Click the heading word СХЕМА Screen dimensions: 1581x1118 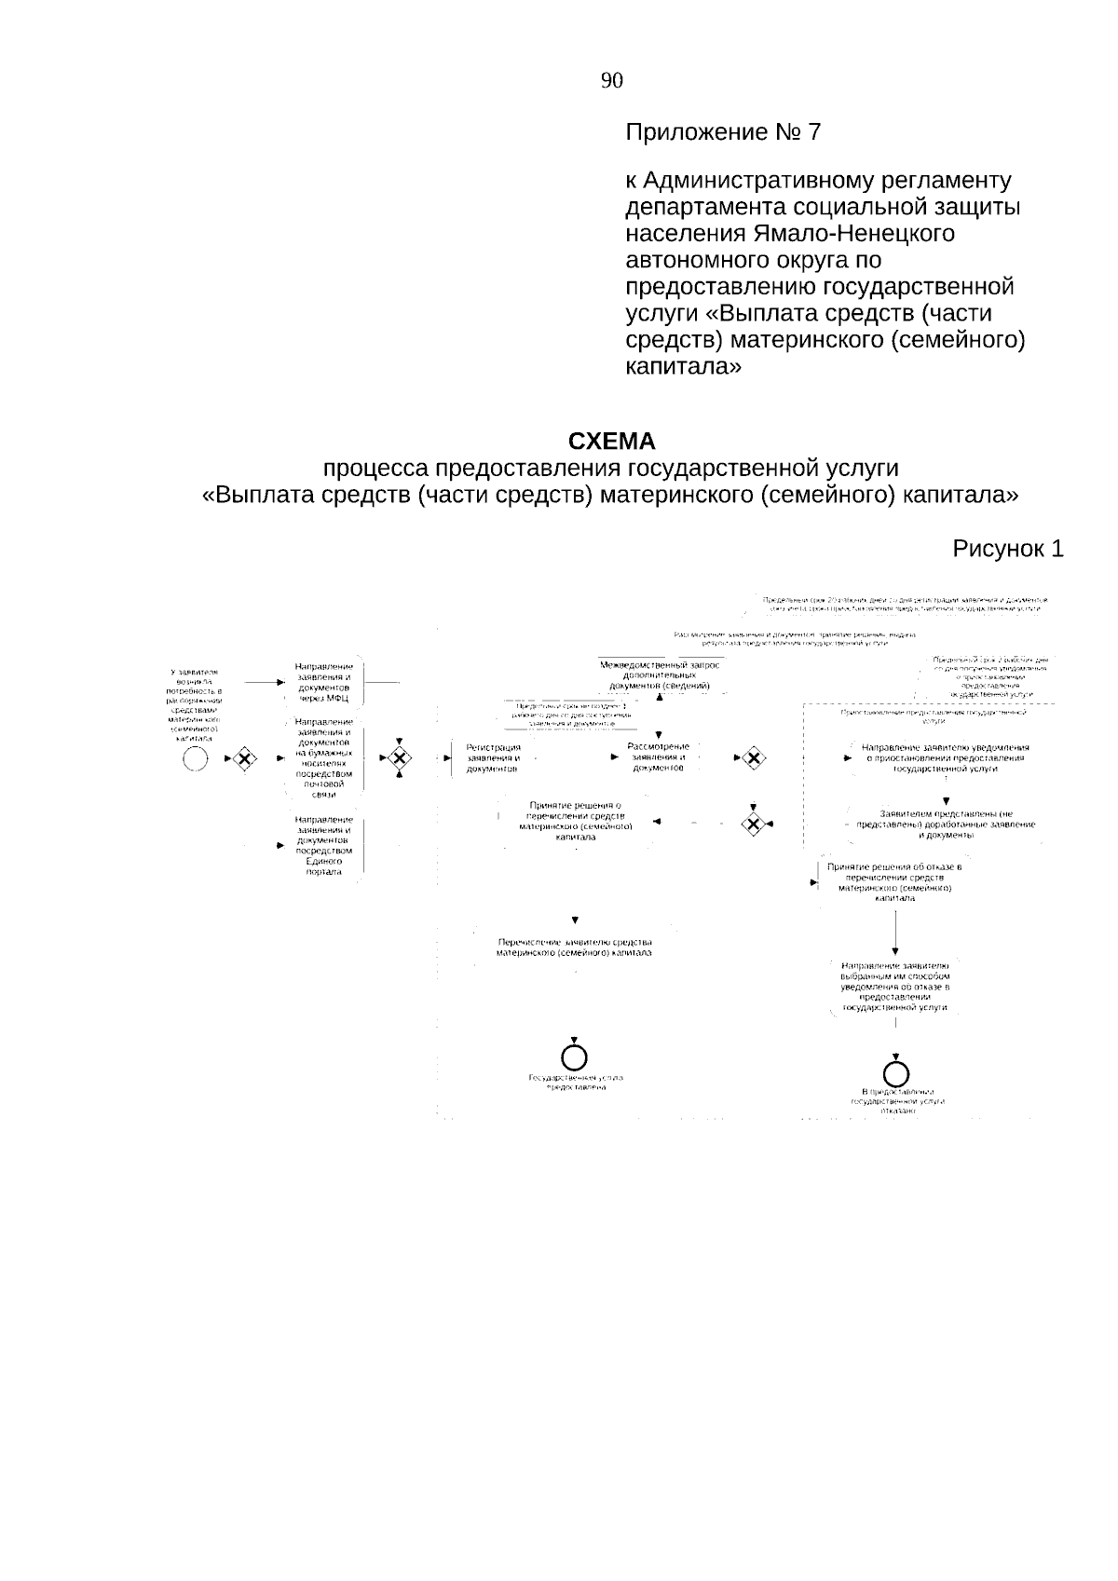pyautogui.click(x=611, y=441)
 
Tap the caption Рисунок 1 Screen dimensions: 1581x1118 pyautogui.click(x=1007, y=549)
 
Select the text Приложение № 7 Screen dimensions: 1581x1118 pyautogui.click(x=723, y=132)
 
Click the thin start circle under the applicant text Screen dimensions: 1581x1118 pyautogui.click(x=196, y=759)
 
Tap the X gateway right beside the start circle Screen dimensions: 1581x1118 pyautogui.click(x=244, y=759)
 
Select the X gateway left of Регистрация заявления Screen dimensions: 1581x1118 pyautogui.click(x=400, y=758)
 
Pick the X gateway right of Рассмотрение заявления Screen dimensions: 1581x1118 pyautogui.click(x=752, y=758)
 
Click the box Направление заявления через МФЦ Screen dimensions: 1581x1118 pyautogui.click(x=323, y=682)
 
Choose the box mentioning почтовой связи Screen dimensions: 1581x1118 pyautogui.click(x=323, y=757)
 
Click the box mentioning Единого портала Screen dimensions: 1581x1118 pyautogui.click(x=323, y=845)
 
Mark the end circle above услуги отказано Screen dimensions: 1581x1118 pyautogui.click(x=896, y=1070)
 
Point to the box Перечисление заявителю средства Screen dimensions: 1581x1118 pyautogui.click(x=574, y=947)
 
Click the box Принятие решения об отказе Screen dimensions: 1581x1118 pyautogui.click(x=894, y=881)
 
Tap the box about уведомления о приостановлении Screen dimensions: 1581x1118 pyautogui.click(x=945, y=758)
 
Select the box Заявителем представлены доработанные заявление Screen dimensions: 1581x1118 pyautogui.click(x=945, y=825)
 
